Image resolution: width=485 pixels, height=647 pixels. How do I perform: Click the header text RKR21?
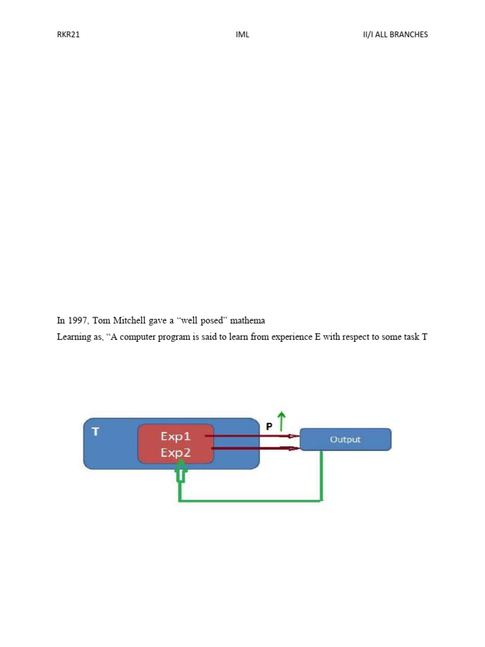coord(68,35)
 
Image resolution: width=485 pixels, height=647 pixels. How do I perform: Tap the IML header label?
coord(242,35)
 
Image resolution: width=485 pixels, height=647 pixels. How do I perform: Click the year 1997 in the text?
coord(78,320)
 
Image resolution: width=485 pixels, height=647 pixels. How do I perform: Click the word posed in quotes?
coord(212,320)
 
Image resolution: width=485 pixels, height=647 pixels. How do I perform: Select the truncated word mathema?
coord(248,320)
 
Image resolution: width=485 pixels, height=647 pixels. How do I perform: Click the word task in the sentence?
coord(411,337)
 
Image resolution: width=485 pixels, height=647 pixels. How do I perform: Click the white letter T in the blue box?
coord(96,432)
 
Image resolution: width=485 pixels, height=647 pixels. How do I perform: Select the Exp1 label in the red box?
coord(176,437)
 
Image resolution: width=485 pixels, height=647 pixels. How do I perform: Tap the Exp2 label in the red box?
coord(176,452)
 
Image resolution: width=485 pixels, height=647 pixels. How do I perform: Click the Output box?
coord(345,440)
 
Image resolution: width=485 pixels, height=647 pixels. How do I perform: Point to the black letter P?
coord(269,426)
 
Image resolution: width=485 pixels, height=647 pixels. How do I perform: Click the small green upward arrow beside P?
coord(281,421)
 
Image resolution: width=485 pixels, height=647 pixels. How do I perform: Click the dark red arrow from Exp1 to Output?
coord(253,436)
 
